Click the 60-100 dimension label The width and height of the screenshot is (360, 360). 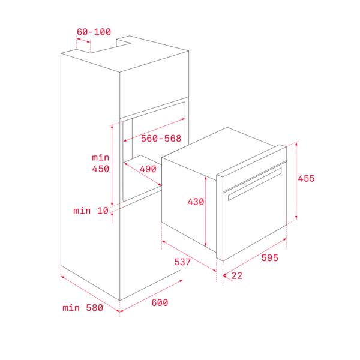(x=94, y=32)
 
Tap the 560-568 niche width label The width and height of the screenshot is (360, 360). (x=161, y=139)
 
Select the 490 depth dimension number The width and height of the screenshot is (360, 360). (x=148, y=169)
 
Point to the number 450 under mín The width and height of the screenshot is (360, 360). (x=101, y=169)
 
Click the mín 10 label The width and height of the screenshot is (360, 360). (x=91, y=211)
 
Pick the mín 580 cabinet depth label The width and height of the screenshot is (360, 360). (x=83, y=308)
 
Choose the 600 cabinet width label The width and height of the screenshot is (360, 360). (x=160, y=302)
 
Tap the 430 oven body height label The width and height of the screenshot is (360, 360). (x=196, y=202)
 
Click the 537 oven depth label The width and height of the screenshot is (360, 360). (x=182, y=262)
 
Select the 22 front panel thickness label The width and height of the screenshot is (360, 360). (x=237, y=276)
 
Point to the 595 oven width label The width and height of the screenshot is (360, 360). (x=270, y=258)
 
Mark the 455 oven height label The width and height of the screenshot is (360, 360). (x=306, y=178)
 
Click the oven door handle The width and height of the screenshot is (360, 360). (x=254, y=184)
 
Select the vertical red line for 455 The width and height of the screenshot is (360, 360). (x=296, y=181)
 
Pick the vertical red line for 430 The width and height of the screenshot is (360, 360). (x=205, y=211)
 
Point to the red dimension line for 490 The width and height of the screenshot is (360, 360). (x=142, y=174)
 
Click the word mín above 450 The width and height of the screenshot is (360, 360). (x=101, y=157)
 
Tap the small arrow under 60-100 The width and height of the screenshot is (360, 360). (x=83, y=40)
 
